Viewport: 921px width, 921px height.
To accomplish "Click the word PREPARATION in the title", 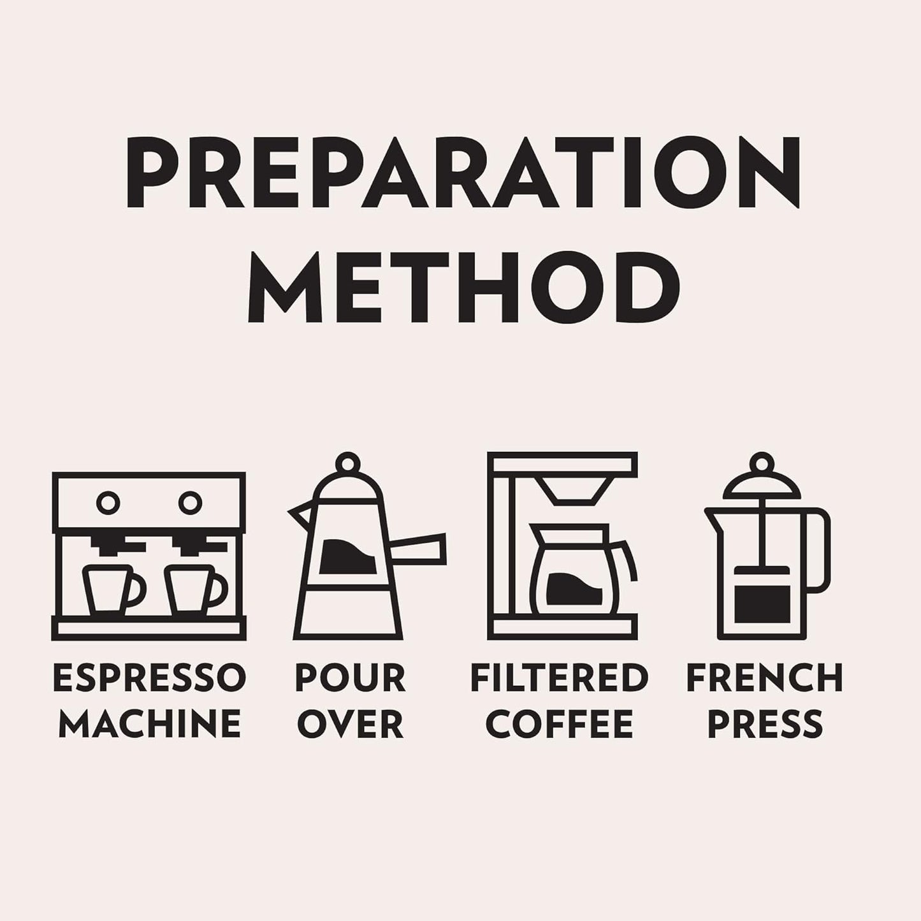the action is tap(463, 172).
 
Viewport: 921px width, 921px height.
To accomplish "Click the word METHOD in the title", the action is tap(463, 287).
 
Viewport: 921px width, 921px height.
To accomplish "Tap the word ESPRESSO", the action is tap(150, 678).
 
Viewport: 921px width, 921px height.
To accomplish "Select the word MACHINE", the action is tap(150, 723).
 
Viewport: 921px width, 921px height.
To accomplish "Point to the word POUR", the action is tap(351, 678).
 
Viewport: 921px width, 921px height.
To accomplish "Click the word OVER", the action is tap(351, 723).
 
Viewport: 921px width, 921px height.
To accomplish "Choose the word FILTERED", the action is tap(559, 678).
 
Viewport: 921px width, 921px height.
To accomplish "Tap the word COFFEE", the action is tap(559, 723).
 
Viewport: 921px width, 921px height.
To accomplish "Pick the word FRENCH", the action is tap(765, 678).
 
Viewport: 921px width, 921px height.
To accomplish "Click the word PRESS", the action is tap(765, 723).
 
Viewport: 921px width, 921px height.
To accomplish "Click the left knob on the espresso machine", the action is tap(108, 503).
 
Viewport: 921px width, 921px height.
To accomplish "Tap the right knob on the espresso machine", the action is tap(190, 503).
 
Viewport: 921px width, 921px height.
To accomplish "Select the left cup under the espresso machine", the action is tap(113, 590).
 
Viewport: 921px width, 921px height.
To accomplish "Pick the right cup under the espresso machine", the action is tap(196, 590).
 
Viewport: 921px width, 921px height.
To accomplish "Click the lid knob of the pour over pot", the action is tap(347, 463).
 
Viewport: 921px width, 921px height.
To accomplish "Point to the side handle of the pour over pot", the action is tap(418, 549).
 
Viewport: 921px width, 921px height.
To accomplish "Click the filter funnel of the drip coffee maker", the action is tap(573, 491).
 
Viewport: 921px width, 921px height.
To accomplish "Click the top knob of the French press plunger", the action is tap(762, 463).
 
